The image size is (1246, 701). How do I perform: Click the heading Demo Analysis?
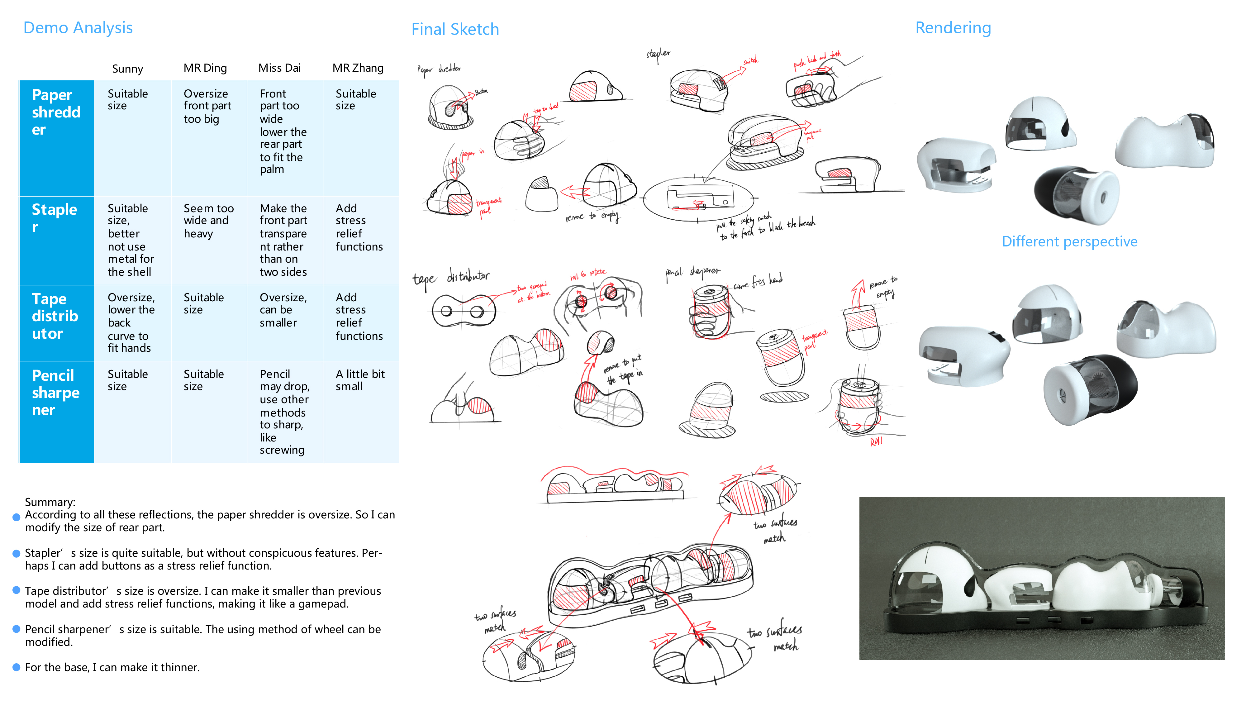pyautogui.click(x=78, y=28)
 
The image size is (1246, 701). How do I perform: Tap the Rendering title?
pyautogui.click(x=953, y=28)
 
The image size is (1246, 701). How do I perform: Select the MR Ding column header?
pyautogui.click(x=205, y=68)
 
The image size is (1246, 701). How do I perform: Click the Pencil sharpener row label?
pyautogui.click(x=55, y=392)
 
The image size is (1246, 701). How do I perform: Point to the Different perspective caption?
pyautogui.click(x=1069, y=241)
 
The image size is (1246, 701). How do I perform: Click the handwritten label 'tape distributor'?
pyautogui.click(x=450, y=278)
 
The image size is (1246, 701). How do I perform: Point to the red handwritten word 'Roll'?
pyautogui.click(x=876, y=441)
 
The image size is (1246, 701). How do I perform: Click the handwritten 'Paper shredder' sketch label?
pyautogui.click(x=439, y=70)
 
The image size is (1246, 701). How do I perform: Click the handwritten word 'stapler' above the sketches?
pyautogui.click(x=658, y=54)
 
